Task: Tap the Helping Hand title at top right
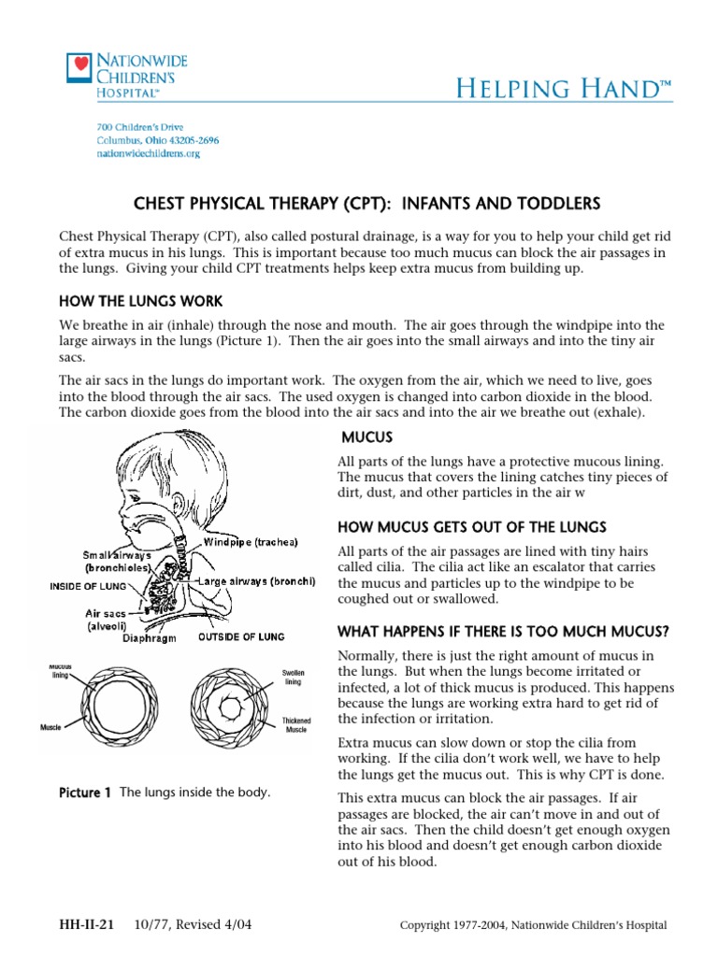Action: click(564, 89)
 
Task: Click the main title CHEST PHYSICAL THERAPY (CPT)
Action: click(359, 204)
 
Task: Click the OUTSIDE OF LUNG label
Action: click(245, 639)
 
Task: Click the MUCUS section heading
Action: click(366, 436)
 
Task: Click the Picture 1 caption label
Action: click(85, 793)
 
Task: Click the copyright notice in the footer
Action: click(533, 925)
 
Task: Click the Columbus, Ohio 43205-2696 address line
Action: click(158, 140)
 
